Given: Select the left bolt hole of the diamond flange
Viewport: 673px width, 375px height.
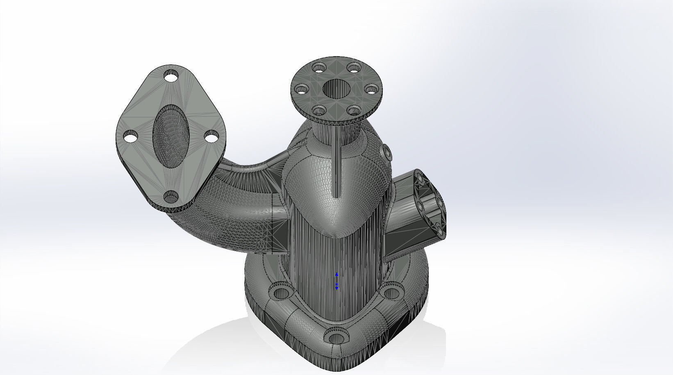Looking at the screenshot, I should [x=130, y=137].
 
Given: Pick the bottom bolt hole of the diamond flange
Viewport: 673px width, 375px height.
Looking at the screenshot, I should [x=171, y=197].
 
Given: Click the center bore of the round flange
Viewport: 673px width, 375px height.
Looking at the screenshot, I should [x=336, y=89].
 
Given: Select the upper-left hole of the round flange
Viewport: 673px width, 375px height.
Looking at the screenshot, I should [x=318, y=67].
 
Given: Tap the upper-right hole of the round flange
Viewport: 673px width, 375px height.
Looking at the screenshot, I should [x=353, y=67].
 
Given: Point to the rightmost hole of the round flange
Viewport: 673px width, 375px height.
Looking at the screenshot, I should [x=371, y=89].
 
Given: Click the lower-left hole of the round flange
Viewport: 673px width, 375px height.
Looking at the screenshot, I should [x=318, y=110].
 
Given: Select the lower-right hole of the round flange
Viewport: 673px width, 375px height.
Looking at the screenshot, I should [x=353, y=110].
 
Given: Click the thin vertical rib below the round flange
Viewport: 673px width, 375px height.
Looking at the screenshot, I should [x=336, y=164].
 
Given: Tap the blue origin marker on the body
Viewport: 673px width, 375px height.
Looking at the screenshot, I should [x=336, y=282].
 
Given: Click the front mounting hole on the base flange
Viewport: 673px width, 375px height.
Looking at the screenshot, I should [x=336, y=338].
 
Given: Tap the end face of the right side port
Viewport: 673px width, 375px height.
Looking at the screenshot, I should [x=430, y=203].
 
